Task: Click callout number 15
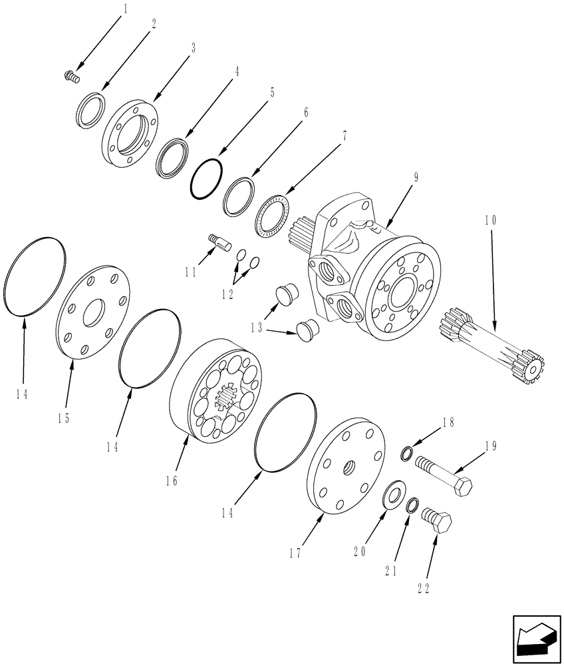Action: tap(64, 418)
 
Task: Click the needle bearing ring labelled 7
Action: tap(274, 216)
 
